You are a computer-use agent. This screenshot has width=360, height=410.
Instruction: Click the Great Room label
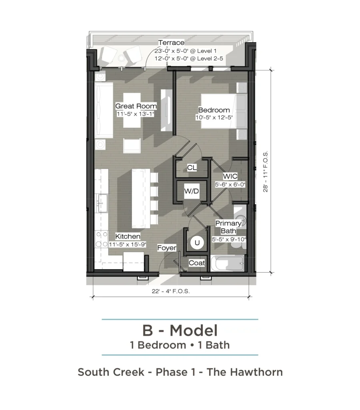coord(136,106)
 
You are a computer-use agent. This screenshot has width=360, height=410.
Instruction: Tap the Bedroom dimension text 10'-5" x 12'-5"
coord(214,117)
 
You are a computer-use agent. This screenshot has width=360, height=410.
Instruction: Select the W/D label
coord(192,191)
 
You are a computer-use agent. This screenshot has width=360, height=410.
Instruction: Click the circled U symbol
coord(197,243)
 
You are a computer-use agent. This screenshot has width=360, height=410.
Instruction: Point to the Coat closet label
coord(197,263)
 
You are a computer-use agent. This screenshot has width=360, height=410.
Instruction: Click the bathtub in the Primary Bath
coord(228,263)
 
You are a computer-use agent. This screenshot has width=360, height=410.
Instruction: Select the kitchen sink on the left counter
coord(102,203)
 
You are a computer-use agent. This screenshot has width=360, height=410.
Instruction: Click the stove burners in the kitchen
coord(101,239)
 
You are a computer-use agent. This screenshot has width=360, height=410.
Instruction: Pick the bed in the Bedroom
coord(223,111)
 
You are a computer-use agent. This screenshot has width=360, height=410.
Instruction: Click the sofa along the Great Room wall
coord(104,110)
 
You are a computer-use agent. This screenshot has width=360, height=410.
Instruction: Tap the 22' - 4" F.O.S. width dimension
coord(170,291)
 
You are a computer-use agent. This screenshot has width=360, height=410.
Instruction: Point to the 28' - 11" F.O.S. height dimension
coord(266,171)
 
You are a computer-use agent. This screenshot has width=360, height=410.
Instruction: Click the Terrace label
coord(171,42)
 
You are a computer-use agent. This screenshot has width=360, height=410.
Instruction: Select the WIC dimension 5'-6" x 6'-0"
coord(230,185)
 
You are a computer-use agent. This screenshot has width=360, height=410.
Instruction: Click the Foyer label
coord(167,248)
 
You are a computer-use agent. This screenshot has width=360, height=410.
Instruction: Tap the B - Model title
coord(180,330)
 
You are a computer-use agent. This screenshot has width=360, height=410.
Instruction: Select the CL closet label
coord(192,167)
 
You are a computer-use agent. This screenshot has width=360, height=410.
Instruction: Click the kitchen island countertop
coord(141,199)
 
